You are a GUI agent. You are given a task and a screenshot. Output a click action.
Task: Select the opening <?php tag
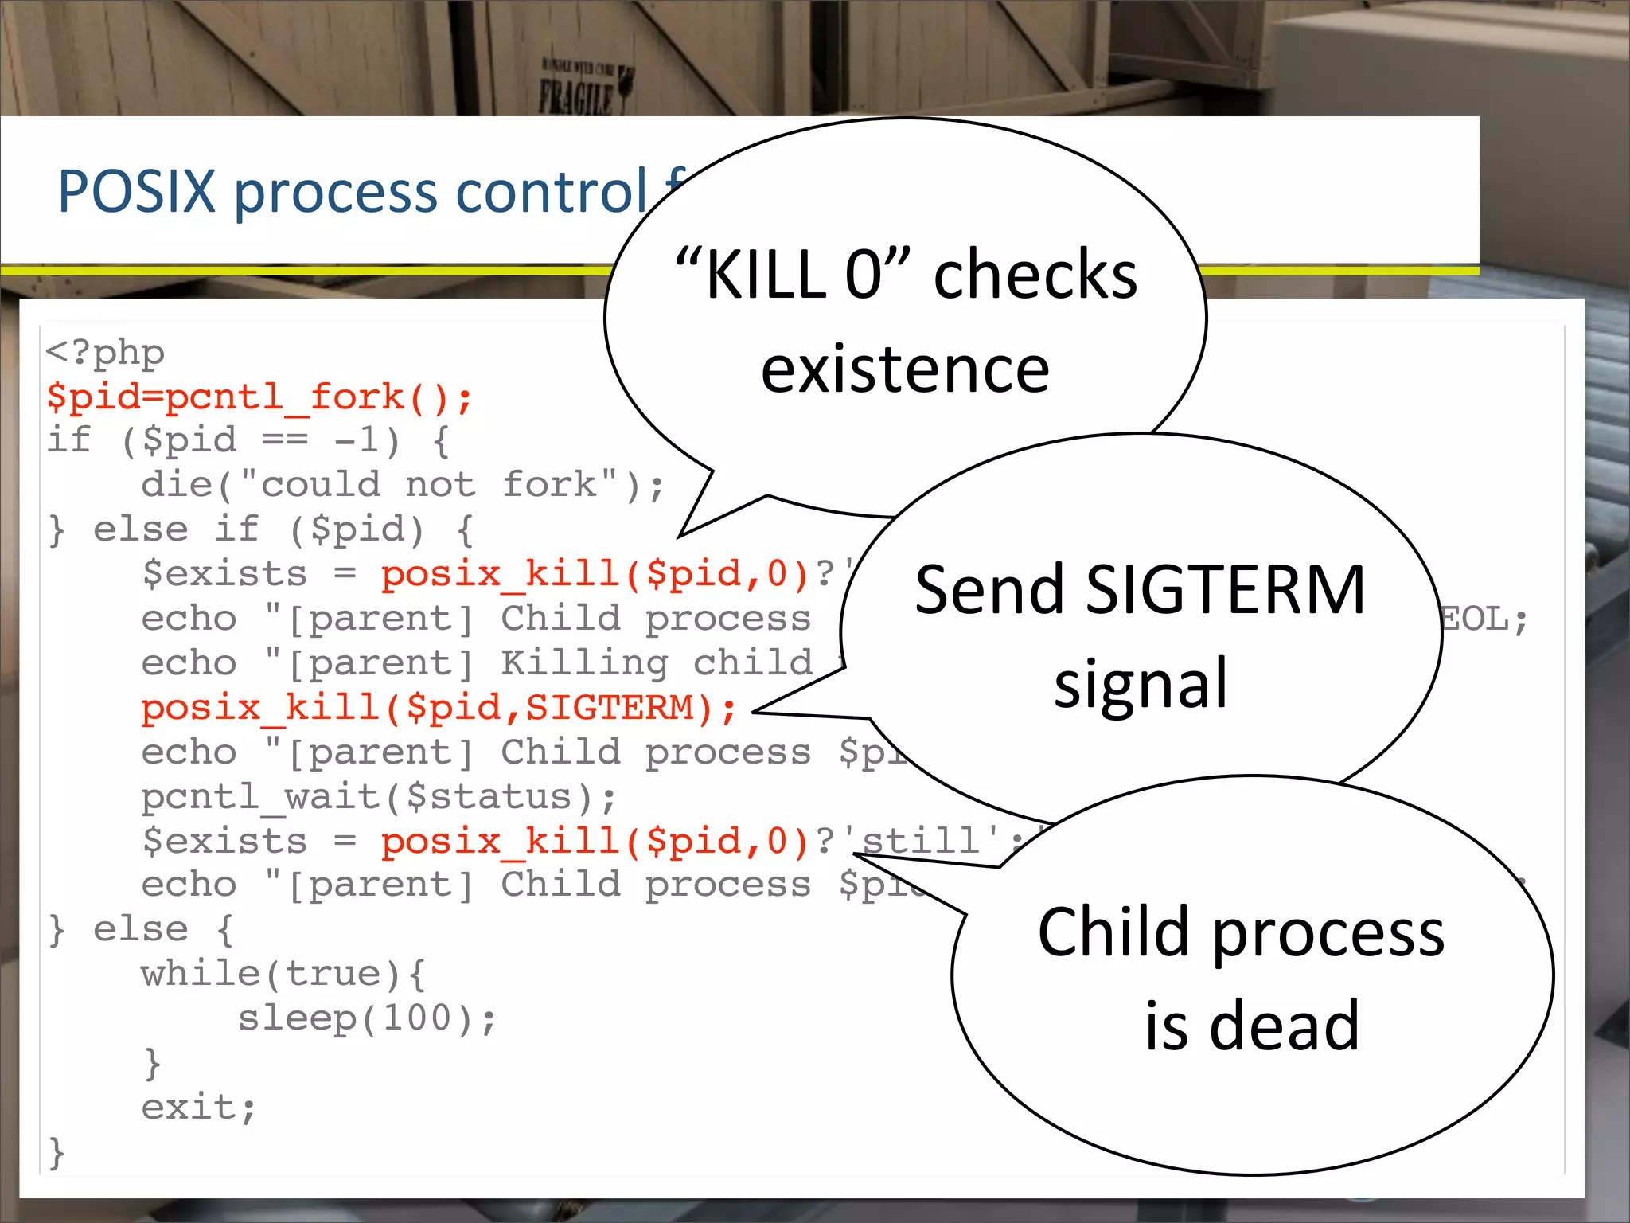(105, 352)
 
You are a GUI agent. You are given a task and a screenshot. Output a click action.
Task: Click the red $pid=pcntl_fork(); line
(259, 397)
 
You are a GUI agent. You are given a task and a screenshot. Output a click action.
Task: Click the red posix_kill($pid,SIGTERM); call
(439, 708)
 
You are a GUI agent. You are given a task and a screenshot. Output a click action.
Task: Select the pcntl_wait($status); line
(378, 797)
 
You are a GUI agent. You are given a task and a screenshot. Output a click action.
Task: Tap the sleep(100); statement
(367, 1018)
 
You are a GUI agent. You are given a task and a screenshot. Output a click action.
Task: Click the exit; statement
(198, 1107)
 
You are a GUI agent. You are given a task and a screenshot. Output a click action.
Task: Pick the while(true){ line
(283, 974)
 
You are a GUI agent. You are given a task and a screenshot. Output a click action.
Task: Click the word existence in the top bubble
(905, 370)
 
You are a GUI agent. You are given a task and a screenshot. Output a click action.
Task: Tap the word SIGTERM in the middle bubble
(1226, 591)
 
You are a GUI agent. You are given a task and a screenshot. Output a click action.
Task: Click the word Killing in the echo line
(584, 663)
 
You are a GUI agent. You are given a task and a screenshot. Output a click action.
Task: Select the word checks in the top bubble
(1035, 275)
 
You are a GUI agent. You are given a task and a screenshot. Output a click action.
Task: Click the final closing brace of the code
(56, 1152)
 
